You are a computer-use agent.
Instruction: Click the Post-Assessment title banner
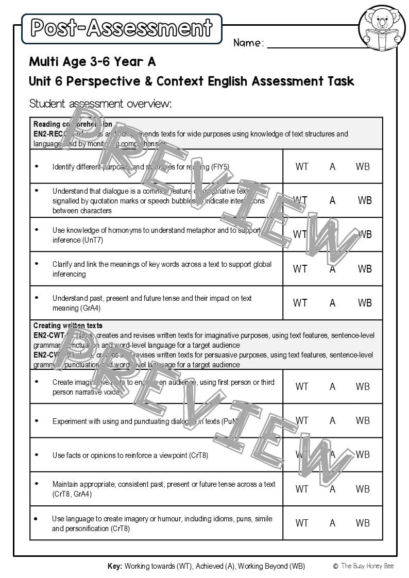click(122, 28)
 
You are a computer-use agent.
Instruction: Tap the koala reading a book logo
click(382, 28)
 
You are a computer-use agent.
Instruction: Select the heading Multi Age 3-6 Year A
click(92, 62)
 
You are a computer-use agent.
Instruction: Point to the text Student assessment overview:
click(100, 104)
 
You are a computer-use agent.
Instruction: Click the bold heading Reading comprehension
click(73, 124)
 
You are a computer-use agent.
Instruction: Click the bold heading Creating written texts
click(67, 326)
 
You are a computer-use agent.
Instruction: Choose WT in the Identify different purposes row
click(302, 166)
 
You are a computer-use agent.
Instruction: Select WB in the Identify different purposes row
click(363, 166)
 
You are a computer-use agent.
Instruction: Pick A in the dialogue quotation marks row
click(332, 200)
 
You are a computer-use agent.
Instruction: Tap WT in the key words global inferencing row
click(300, 269)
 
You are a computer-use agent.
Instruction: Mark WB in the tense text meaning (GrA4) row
click(365, 303)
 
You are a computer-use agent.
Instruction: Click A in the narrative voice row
click(332, 386)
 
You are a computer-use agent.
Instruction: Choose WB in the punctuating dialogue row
click(363, 420)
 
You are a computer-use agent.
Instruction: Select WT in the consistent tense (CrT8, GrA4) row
click(302, 489)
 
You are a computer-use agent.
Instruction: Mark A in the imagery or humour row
click(332, 523)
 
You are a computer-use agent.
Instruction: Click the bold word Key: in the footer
click(115, 566)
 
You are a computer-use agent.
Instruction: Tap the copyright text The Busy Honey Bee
click(367, 566)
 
